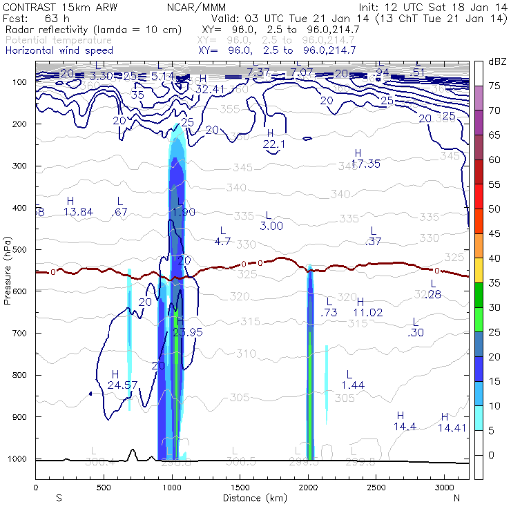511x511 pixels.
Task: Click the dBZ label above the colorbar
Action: point(496,61)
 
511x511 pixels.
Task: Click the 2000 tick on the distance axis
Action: point(307,488)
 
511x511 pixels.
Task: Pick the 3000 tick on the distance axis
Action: point(443,488)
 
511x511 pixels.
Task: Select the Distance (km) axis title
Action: point(252,498)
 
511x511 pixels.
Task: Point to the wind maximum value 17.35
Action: point(366,164)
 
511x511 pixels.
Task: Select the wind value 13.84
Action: point(77,211)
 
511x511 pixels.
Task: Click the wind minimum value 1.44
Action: point(353,384)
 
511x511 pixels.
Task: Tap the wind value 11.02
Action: point(367,312)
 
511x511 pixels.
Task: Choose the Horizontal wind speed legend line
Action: point(59,50)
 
